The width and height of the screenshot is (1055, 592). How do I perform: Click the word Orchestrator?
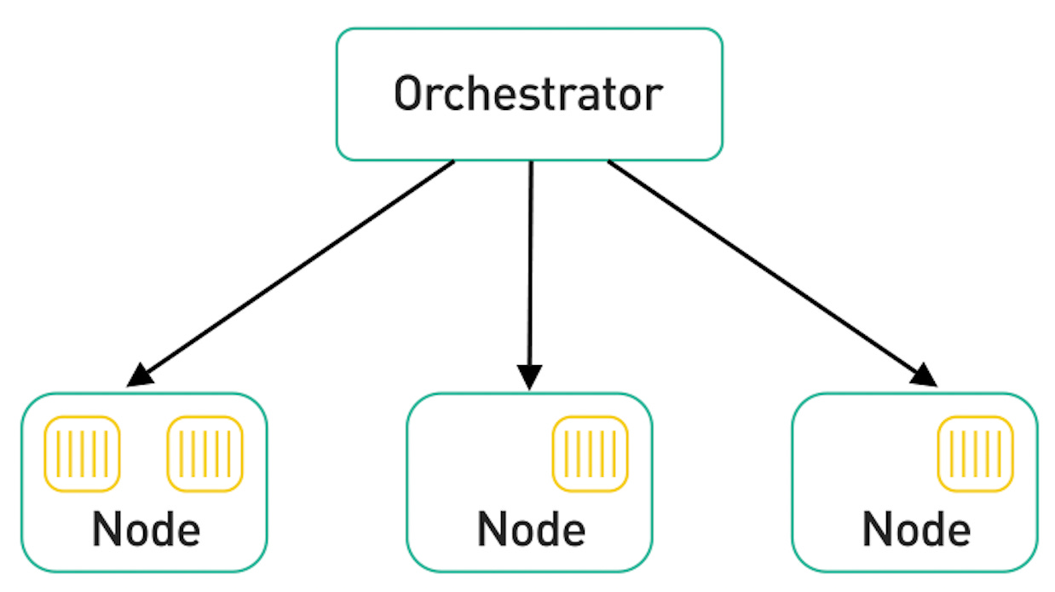528,95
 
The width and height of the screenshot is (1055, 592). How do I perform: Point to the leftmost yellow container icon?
82,454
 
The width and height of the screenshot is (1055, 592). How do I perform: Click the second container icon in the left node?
205,454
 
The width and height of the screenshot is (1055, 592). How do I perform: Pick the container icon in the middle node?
590,454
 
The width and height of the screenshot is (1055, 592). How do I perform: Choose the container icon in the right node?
975,454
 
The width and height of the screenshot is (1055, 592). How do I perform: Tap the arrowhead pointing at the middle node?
530,376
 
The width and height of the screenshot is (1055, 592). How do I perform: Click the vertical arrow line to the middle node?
530,264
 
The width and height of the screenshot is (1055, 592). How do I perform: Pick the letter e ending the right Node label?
956,531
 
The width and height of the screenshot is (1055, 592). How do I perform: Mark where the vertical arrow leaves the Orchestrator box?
530,162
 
